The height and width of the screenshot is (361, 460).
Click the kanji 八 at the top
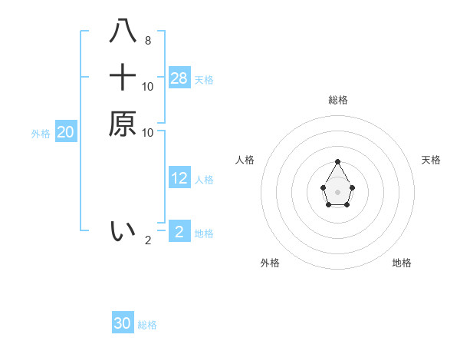point(123,31)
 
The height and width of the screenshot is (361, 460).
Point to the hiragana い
point(123,230)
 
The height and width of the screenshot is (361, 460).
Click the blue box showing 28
point(179,78)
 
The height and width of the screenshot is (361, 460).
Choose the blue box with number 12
point(179,178)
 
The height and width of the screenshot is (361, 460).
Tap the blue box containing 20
point(66,132)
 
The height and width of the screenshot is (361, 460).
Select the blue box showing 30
point(123,323)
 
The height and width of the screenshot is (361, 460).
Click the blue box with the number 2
point(179,230)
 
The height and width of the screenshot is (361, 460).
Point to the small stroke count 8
point(148,40)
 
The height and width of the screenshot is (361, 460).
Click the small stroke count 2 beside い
point(148,240)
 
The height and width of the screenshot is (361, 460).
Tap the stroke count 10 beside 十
point(148,86)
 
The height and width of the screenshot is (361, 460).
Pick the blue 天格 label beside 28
point(204,80)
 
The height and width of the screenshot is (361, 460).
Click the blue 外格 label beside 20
point(41,134)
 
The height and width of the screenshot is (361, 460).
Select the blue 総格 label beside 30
point(147,325)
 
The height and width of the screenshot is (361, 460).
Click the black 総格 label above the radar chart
point(337,100)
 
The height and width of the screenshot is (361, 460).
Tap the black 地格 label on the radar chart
point(402,263)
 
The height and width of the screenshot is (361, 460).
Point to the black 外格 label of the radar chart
point(270,263)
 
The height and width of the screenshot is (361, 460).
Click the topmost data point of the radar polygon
point(337,161)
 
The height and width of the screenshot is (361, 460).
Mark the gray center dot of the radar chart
point(337,191)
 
